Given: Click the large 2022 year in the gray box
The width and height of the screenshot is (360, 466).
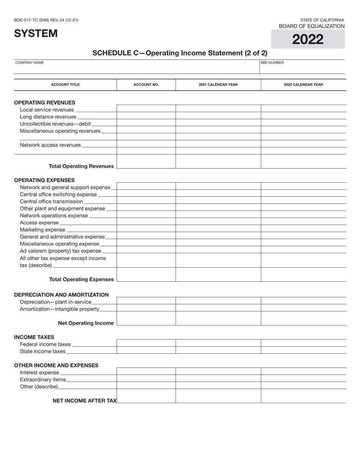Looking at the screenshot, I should click(x=308, y=39).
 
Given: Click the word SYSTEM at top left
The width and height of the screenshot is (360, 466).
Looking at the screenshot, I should click(x=36, y=33).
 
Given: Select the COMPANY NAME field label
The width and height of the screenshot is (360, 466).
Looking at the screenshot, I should click(x=29, y=63).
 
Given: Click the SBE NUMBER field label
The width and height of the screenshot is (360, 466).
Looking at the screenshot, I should click(x=272, y=63).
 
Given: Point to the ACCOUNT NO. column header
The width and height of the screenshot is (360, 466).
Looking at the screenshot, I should click(x=146, y=85).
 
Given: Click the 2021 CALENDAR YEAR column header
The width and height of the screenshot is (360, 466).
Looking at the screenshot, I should click(x=218, y=85).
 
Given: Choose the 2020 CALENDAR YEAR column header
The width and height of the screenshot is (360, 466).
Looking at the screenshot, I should click(x=303, y=85).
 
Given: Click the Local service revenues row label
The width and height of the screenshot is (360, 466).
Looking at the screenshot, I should click(x=47, y=110).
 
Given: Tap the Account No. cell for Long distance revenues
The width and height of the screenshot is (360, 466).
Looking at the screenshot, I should click(x=146, y=117).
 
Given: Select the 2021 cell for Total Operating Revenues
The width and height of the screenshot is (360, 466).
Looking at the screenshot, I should click(x=218, y=162).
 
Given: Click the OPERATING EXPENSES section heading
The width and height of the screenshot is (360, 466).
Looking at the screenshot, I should click(x=44, y=180).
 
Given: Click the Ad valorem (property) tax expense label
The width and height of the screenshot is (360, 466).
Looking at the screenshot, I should click(x=60, y=251).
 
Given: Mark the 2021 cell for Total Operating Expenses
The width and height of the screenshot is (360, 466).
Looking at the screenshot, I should click(x=218, y=275).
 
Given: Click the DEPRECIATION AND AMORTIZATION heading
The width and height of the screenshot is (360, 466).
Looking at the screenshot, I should click(x=61, y=295).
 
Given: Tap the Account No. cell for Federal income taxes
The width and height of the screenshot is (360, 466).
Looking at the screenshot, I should click(x=146, y=343).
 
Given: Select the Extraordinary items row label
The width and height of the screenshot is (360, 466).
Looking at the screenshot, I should click(x=42, y=380).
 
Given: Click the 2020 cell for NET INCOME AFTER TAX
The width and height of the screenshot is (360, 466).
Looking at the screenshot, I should click(x=303, y=396).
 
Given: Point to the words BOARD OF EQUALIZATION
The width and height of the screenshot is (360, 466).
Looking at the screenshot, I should click(x=311, y=26).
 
